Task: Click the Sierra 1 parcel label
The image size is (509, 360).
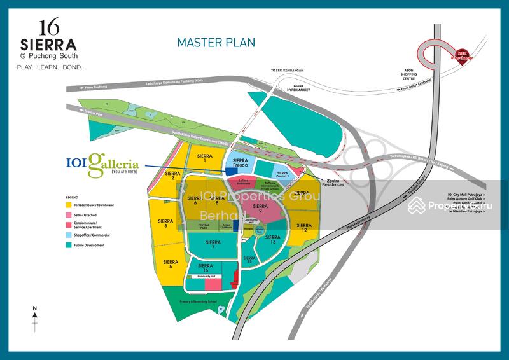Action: pyautogui.click(x=204, y=158)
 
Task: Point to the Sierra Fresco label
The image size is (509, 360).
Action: pyautogui.click(x=240, y=163)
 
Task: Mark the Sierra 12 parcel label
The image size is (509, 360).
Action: pyautogui.click(x=305, y=228)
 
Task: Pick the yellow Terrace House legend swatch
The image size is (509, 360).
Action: pyautogui.click(x=68, y=205)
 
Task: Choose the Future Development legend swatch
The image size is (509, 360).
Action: pyautogui.click(x=68, y=245)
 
